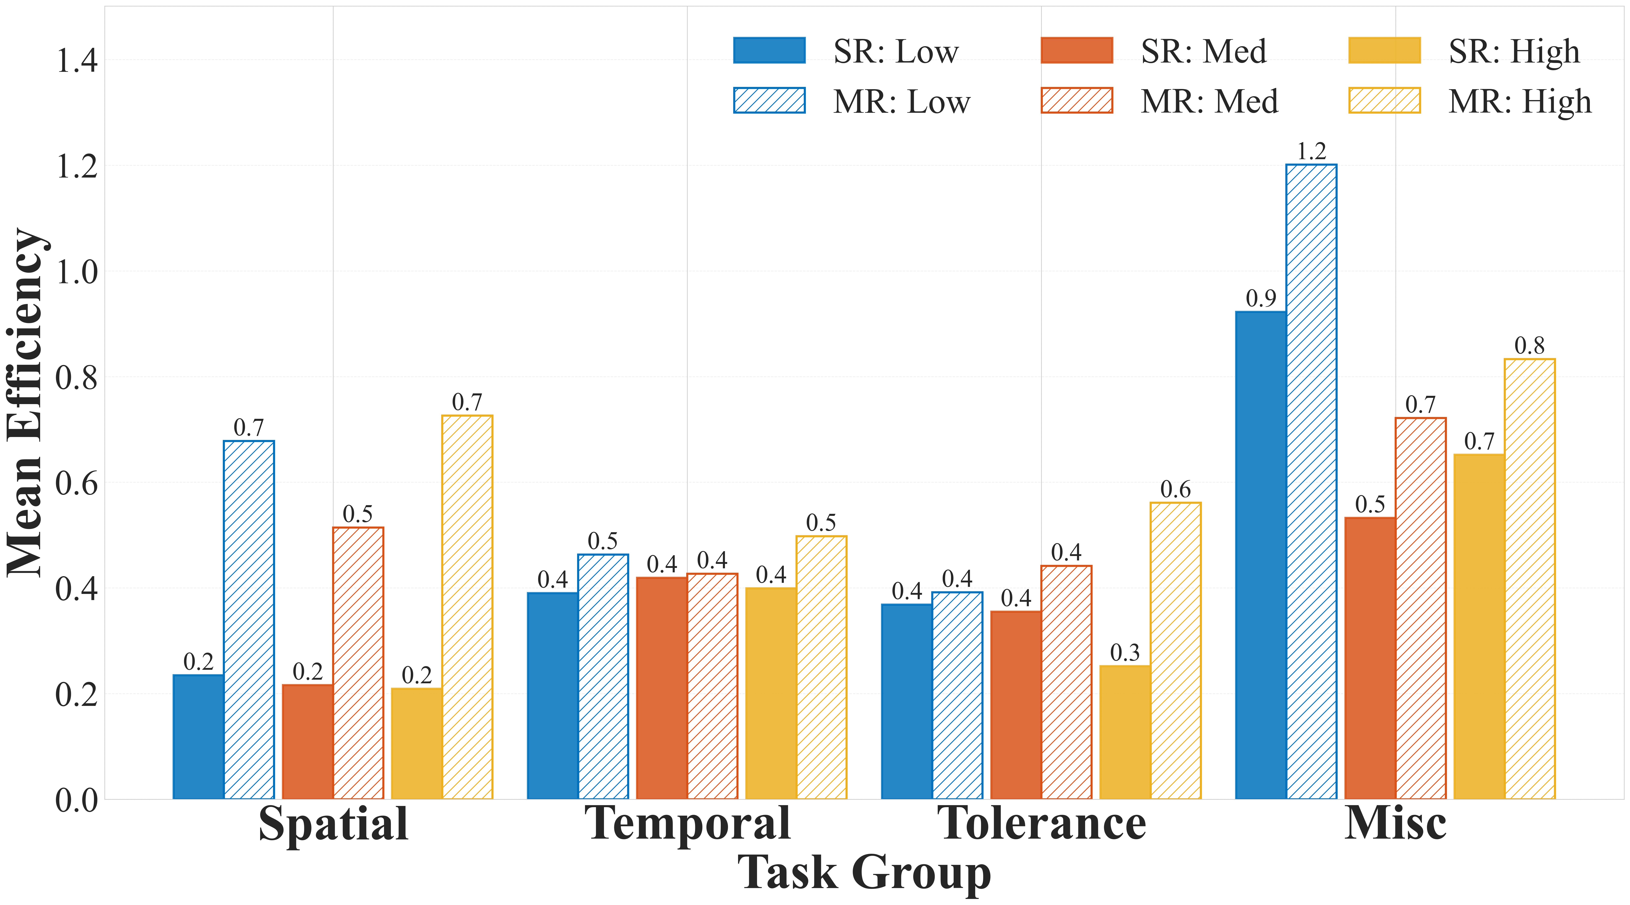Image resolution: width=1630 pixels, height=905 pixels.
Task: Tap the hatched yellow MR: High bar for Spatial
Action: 467,607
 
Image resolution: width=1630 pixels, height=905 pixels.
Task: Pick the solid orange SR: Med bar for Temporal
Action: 662,688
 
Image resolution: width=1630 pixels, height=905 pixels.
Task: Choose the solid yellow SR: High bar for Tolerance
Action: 1125,732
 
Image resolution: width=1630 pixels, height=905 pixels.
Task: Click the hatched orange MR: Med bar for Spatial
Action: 358,663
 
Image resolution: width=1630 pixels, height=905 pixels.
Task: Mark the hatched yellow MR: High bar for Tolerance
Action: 1176,651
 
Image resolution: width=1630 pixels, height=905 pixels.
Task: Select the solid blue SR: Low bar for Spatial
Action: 198,737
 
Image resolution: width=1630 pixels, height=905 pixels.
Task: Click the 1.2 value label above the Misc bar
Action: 1312,151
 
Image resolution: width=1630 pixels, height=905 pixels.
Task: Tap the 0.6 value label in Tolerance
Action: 1176,489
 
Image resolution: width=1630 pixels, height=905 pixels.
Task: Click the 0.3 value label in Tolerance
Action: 1125,652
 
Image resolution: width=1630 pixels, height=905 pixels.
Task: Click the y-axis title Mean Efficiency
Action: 25,402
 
